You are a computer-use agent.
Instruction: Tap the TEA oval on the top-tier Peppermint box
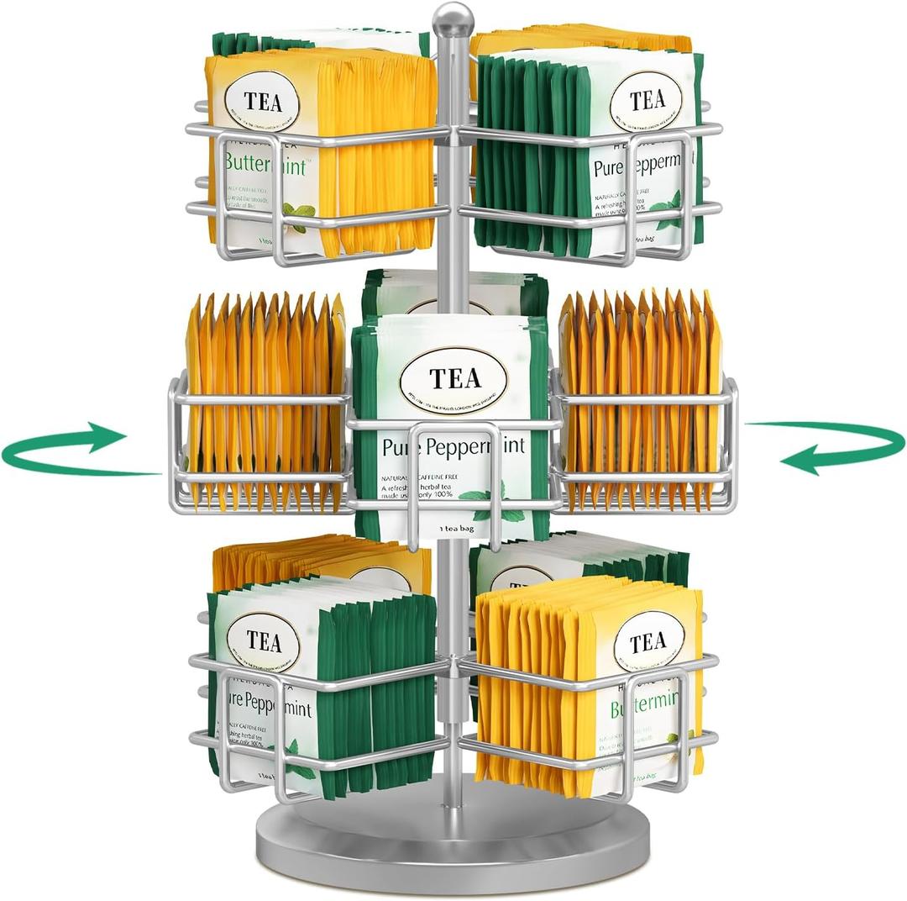pyautogui.click(x=647, y=101)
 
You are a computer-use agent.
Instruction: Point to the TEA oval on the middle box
pyautogui.click(x=454, y=378)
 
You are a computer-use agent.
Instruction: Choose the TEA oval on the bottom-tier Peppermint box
pyautogui.click(x=263, y=643)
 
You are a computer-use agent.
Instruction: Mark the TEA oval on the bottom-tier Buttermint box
pyautogui.click(x=647, y=643)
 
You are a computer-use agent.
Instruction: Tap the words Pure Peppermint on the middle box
pyautogui.click(x=454, y=446)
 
